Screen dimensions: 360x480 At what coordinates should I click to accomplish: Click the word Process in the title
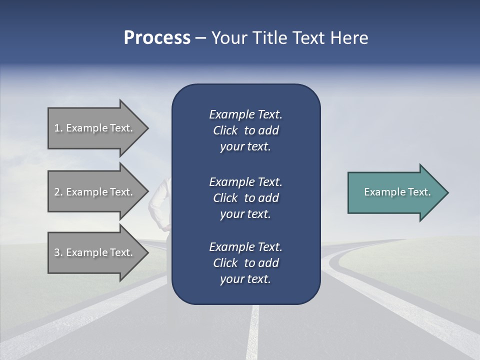tap(157, 38)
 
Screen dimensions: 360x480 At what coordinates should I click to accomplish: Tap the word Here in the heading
tap(349, 38)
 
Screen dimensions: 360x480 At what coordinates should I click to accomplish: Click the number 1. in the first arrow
tap(58, 128)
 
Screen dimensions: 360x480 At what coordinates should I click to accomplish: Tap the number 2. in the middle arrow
tap(58, 192)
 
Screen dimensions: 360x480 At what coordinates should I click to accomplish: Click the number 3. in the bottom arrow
tap(58, 252)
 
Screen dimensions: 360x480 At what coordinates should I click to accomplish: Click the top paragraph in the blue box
tap(245, 130)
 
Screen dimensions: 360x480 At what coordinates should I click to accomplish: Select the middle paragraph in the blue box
tap(245, 198)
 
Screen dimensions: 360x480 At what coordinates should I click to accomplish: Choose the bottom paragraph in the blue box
tap(245, 263)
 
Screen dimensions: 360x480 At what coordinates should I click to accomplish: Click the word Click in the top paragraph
tap(225, 131)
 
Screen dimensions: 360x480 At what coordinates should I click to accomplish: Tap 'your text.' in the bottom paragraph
tap(245, 279)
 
